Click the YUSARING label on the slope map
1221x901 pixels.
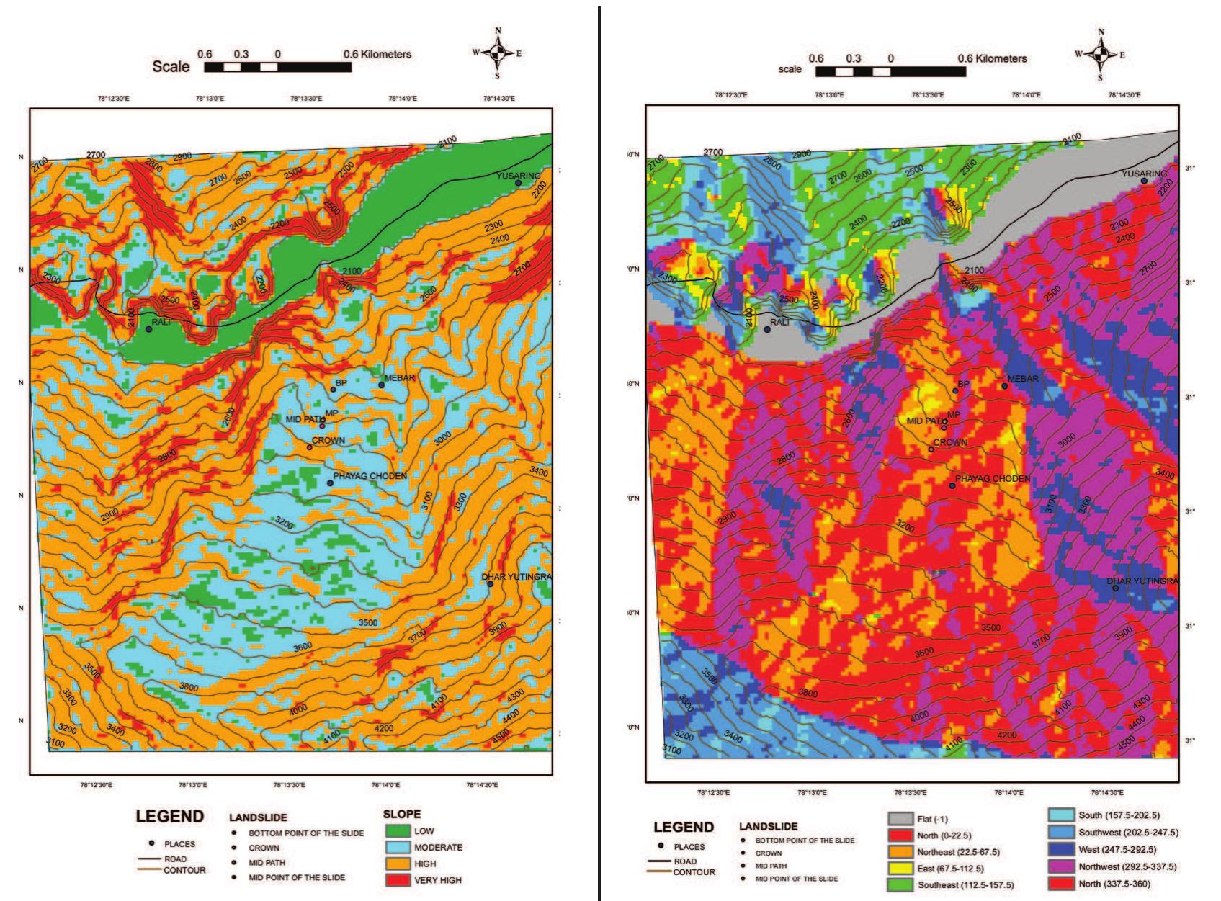(x=519, y=175)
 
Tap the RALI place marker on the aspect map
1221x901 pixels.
(x=767, y=329)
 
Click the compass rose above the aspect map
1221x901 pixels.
(x=1100, y=54)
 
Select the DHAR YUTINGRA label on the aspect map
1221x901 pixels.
(x=1142, y=581)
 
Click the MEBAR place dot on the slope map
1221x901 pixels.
(x=382, y=385)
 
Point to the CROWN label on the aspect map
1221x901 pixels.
(x=951, y=443)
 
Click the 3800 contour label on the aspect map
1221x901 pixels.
(x=808, y=694)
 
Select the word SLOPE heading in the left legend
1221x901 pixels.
(x=402, y=814)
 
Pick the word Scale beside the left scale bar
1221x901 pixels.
(x=171, y=67)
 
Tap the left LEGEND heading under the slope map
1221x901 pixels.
(x=170, y=817)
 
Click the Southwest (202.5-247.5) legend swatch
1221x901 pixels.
(x=1062, y=832)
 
